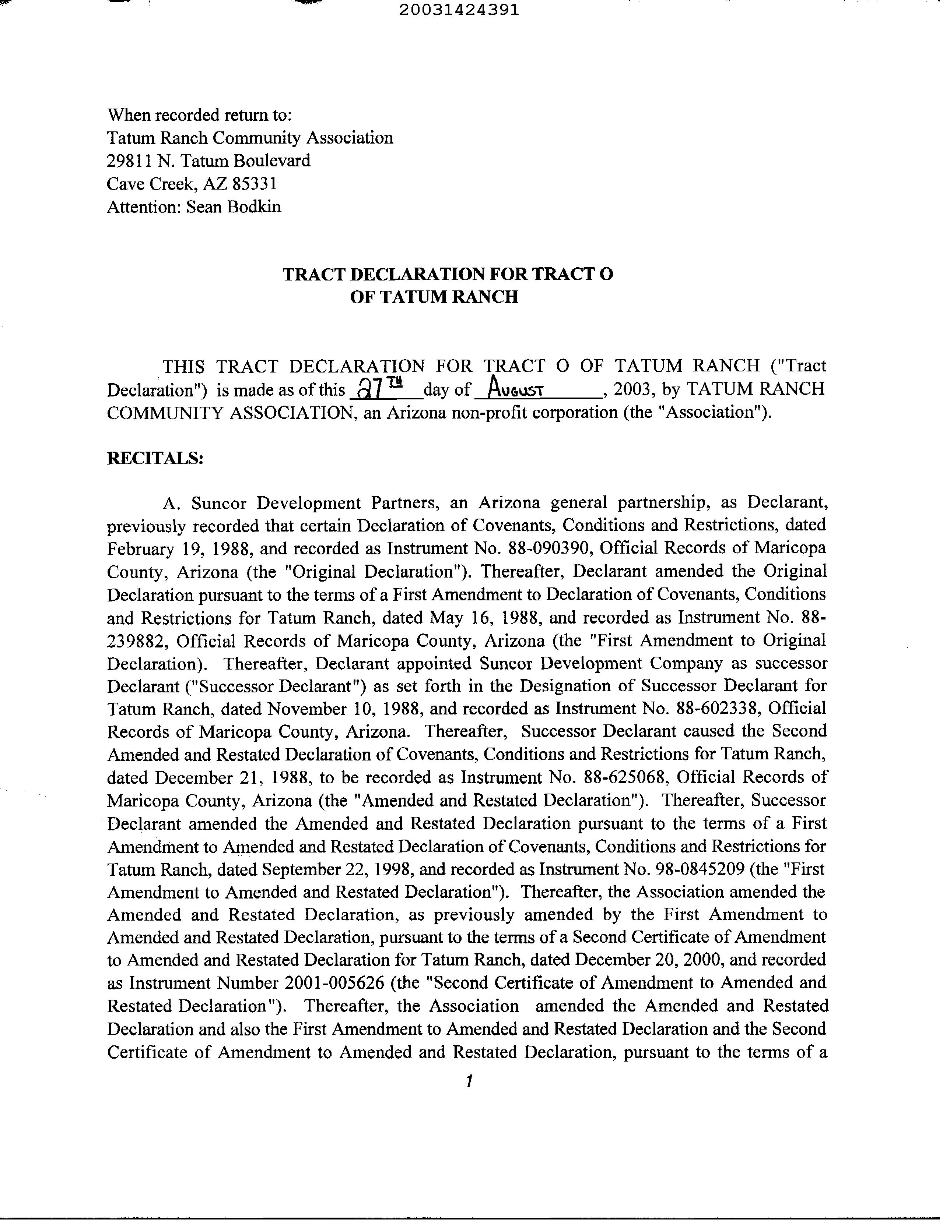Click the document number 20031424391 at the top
459,11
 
